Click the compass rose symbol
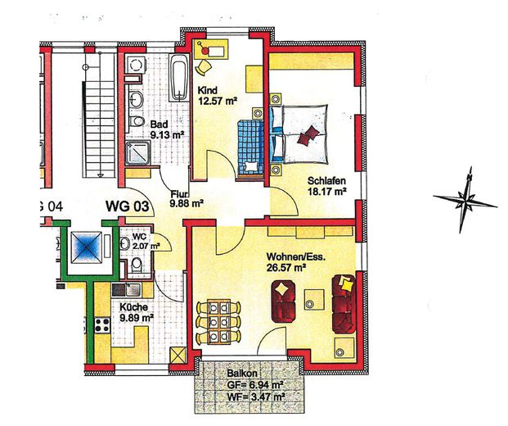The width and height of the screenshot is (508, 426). [x=465, y=201]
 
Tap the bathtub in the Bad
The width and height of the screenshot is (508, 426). [x=179, y=78]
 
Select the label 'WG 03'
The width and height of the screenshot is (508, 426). [x=128, y=206]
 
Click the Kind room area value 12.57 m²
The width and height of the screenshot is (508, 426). [x=217, y=101]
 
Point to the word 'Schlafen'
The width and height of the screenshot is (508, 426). [x=326, y=180]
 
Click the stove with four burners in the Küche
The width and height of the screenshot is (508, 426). [x=102, y=325]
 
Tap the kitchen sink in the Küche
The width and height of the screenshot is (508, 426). [x=126, y=290]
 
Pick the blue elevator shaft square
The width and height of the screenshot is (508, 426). [x=86, y=247]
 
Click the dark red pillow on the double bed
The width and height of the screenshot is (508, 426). [x=308, y=135]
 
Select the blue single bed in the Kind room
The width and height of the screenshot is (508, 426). [x=250, y=147]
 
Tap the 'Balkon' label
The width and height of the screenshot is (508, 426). [x=242, y=374]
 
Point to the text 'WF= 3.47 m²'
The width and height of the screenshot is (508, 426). [x=256, y=397]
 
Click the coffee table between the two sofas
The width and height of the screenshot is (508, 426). [x=313, y=299]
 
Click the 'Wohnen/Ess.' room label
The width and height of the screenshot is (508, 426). [x=295, y=257]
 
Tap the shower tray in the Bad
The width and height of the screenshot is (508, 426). [x=137, y=152]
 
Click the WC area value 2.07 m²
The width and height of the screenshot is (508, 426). [x=146, y=246]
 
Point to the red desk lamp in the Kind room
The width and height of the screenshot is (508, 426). [x=205, y=49]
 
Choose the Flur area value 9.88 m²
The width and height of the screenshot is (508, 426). [x=187, y=203]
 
